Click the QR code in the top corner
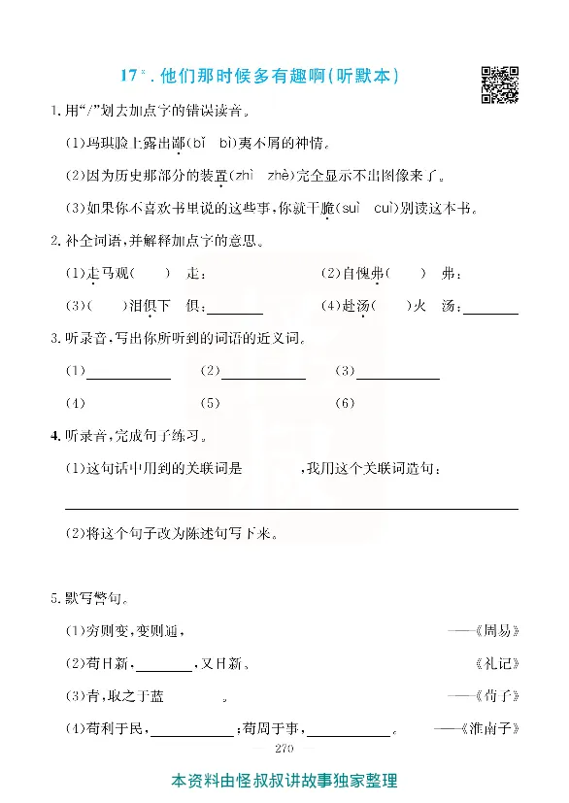(500, 84)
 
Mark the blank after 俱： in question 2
(234, 310)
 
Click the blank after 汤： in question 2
(490, 310)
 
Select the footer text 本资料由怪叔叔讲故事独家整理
(284, 780)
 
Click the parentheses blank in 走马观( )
(150, 274)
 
